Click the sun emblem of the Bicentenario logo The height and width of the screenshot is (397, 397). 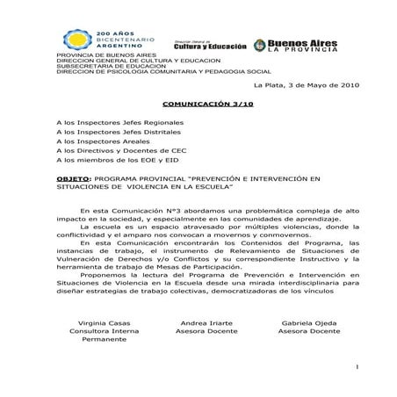[x=76, y=40]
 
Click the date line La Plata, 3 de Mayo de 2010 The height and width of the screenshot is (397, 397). [x=306, y=85]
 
